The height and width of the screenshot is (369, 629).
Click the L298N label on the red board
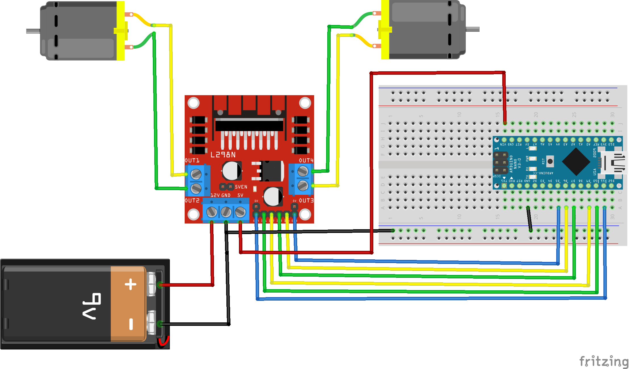(x=223, y=155)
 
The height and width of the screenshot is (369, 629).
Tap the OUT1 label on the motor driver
(x=192, y=160)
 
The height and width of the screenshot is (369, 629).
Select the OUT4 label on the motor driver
(x=306, y=160)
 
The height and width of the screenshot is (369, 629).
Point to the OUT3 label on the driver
(x=306, y=201)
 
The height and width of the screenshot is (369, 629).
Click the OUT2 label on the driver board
(x=192, y=201)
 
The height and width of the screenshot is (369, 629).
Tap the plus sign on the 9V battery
(x=131, y=284)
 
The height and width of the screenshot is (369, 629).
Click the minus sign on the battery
(x=131, y=324)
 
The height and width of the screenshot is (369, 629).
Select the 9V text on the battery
(x=91, y=306)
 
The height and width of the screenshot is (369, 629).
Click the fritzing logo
(x=603, y=361)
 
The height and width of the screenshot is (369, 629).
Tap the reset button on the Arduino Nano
(x=550, y=161)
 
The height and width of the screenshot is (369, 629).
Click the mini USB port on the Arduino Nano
(x=614, y=163)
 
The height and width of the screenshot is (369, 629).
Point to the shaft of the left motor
(x=33, y=31)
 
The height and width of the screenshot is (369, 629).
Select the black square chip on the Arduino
(x=576, y=161)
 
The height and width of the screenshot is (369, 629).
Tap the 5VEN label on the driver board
(x=241, y=187)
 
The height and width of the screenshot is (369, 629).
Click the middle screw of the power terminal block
(x=226, y=212)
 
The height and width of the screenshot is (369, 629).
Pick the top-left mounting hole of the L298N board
(x=194, y=103)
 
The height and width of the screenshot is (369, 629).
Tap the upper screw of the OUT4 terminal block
(x=303, y=171)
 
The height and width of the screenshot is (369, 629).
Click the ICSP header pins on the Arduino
(x=501, y=163)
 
